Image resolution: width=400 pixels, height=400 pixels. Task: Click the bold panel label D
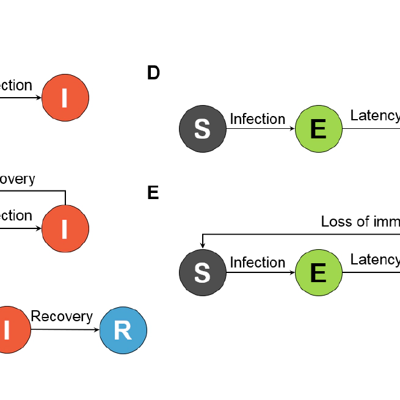pyautogui.click(x=153, y=73)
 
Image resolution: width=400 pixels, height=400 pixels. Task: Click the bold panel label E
pyautogui.click(x=153, y=193)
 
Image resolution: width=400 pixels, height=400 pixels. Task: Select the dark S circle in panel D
pyautogui.click(x=202, y=129)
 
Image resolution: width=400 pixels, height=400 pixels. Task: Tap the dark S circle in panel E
pyautogui.click(x=202, y=273)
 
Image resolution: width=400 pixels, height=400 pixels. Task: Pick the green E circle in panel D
pyautogui.click(x=318, y=129)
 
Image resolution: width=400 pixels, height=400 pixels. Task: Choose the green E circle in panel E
pyautogui.click(x=318, y=273)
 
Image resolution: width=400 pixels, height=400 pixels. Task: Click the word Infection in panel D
pyautogui.click(x=257, y=118)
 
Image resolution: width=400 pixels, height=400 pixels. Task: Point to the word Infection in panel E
pyautogui.click(x=257, y=263)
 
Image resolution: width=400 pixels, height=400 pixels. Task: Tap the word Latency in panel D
pyautogui.click(x=374, y=115)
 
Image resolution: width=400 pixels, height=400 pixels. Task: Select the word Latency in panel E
pyautogui.click(x=374, y=260)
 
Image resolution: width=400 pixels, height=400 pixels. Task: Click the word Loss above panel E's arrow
pyautogui.click(x=336, y=222)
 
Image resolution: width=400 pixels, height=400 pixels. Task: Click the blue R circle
pyautogui.click(x=123, y=330)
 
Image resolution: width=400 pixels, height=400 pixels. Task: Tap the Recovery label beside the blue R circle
pyautogui.click(x=62, y=316)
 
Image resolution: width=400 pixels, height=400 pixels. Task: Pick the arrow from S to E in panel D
pyautogui.click(x=261, y=129)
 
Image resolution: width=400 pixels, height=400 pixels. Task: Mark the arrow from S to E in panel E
pyautogui.click(x=261, y=273)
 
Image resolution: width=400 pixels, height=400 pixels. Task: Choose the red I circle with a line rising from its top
pyautogui.click(x=65, y=228)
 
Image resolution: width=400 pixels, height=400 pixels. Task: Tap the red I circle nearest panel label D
pyautogui.click(x=65, y=98)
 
